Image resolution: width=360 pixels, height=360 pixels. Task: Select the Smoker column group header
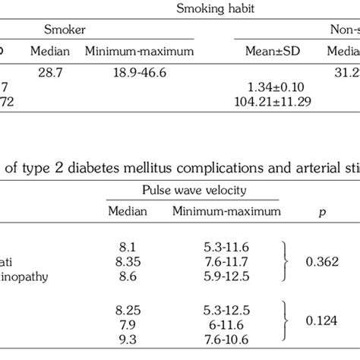[x=63, y=31]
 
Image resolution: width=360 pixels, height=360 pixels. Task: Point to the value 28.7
[x=50, y=71]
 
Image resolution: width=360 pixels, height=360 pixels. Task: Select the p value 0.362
[x=320, y=261]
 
